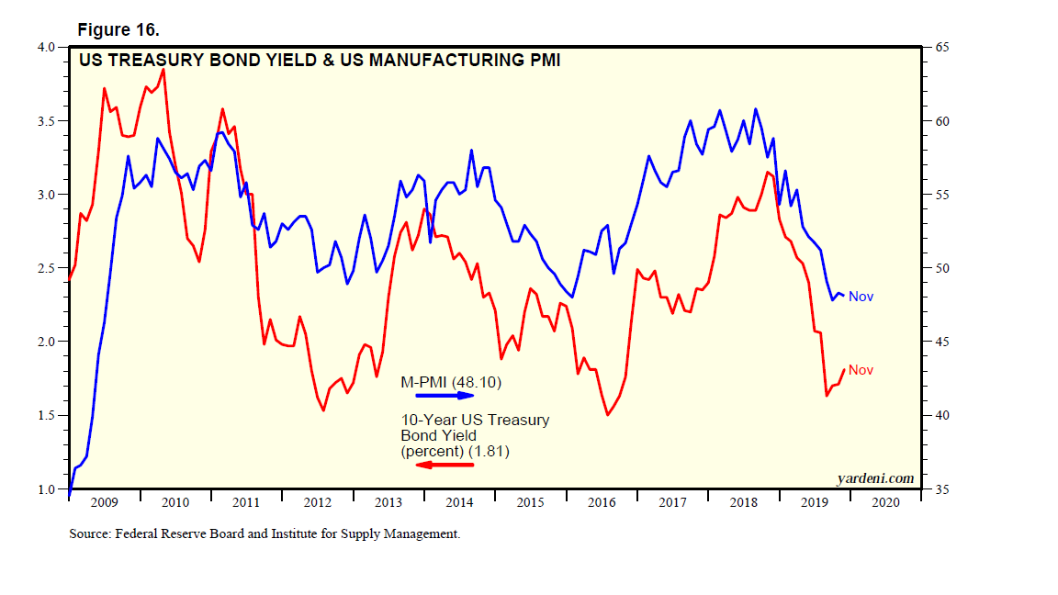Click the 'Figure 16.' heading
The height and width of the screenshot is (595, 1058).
click(118, 30)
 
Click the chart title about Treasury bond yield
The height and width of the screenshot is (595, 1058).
click(319, 62)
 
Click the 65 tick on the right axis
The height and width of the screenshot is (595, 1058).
click(937, 47)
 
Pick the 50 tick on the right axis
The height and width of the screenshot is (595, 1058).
click(937, 268)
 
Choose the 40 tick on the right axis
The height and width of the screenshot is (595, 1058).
click(937, 415)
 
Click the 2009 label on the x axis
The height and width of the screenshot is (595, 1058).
click(105, 502)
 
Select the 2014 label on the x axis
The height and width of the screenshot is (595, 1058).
click(458, 502)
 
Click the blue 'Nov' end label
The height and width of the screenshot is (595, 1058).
click(861, 297)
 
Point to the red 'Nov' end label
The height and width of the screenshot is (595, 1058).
click(861, 370)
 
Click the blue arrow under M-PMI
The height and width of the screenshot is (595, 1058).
click(445, 396)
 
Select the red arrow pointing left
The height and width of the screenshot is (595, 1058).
click(445, 465)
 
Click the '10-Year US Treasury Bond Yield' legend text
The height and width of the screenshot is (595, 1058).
click(474, 428)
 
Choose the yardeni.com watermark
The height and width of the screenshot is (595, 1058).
click(875, 477)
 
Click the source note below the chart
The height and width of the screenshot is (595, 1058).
click(264, 533)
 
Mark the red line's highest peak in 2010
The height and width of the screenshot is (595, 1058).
click(163, 69)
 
